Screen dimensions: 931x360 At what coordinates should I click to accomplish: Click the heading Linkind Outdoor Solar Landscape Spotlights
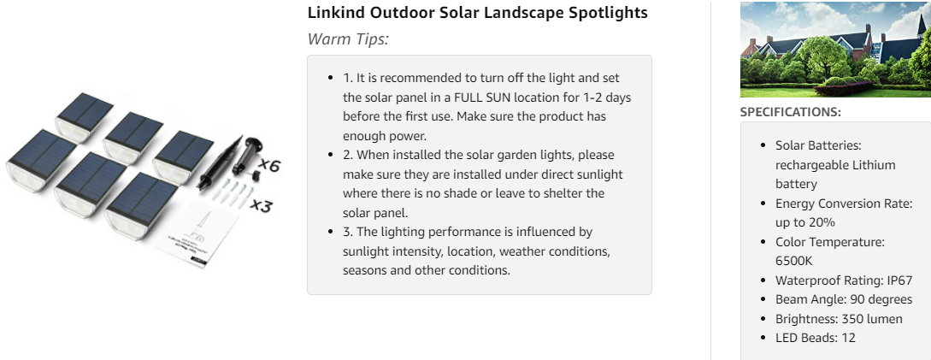[477, 13]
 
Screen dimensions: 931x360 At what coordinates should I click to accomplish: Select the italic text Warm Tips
[348, 39]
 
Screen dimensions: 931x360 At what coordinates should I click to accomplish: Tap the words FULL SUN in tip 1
[481, 97]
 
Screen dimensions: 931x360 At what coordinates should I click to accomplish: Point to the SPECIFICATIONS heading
[790, 112]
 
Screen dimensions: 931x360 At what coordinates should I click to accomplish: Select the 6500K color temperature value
[794, 261]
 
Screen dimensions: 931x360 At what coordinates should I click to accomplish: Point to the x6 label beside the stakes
[269, 165]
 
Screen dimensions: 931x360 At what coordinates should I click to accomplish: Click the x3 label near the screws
[262, 206]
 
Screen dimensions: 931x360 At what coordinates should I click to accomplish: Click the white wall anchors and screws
[233, 193]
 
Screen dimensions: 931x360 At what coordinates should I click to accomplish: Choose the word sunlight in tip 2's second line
[599, 174]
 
